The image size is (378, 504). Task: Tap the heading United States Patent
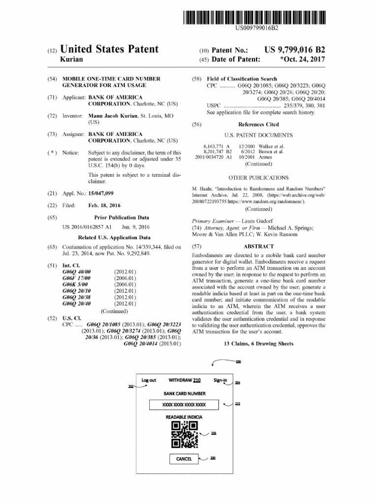tap(109, 49)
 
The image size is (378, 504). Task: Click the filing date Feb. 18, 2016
tap(104, 205)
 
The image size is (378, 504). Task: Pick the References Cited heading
tap(258, 125)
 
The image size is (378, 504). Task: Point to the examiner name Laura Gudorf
tap(246, 221)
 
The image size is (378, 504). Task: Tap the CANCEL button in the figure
tap(184, 459)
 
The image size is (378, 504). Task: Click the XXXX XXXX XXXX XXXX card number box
tap(184, 405)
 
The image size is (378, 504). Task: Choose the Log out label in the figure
tap(149, 380)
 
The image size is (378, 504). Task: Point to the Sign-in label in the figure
tap(220, 380)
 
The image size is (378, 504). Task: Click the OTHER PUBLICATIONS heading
tap(258, 177)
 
